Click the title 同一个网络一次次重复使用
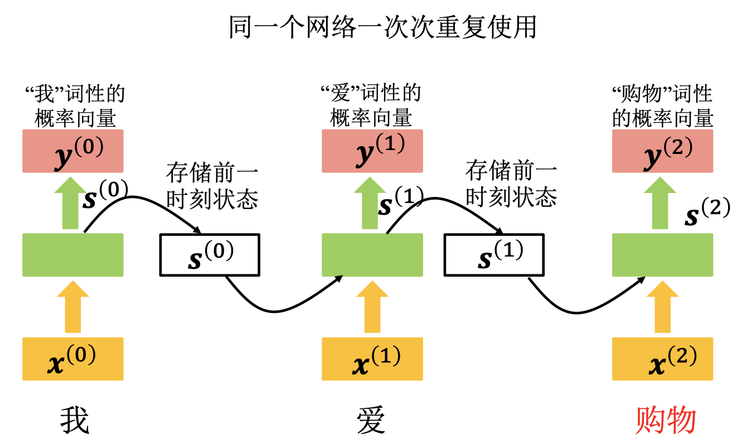382,27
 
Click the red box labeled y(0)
72,151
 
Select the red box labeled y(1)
372,151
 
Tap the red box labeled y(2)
662,151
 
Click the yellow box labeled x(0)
72,359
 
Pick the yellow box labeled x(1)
372,359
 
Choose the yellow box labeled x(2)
662,359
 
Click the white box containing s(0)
210,255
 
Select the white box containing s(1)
494,255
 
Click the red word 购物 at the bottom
666,420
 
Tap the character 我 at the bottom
74,420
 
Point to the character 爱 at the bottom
371,420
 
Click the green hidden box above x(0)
72,255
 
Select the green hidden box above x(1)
372,255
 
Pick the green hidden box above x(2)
662,255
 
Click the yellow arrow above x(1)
372,308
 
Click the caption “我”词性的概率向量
75,106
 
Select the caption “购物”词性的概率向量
662,106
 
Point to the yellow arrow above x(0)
72,308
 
